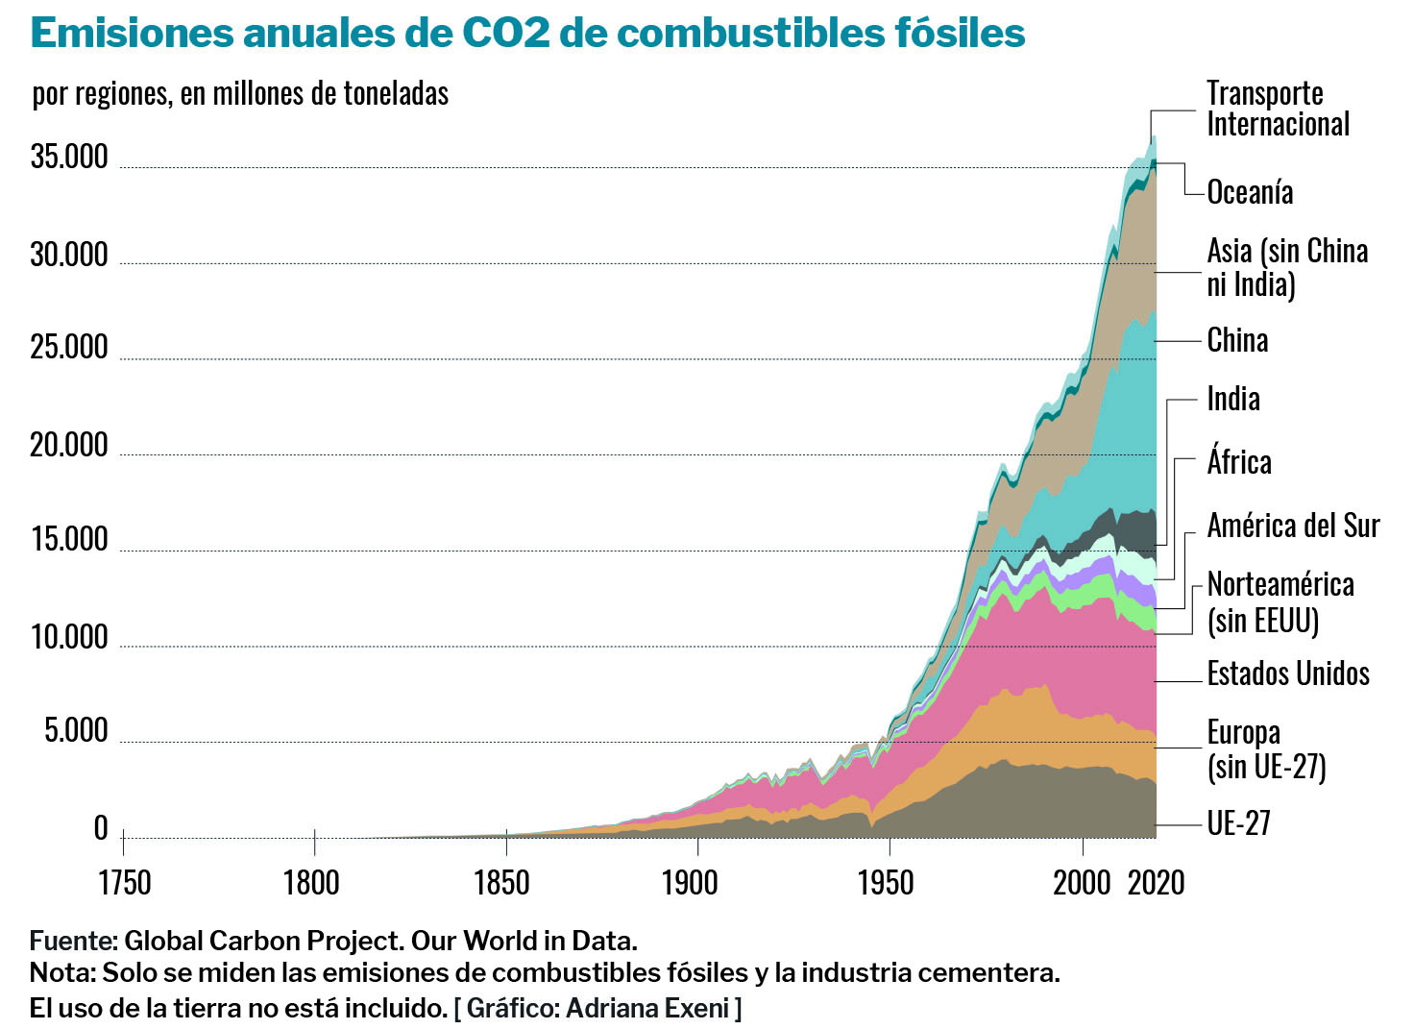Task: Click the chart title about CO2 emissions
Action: click(x=527, y=33)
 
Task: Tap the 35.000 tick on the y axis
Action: click(x=69, y=157)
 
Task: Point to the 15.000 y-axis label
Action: click(x=69, y=540)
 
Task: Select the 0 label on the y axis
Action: click(x=101, y=827)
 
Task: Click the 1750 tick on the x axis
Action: click(x=124, y=882)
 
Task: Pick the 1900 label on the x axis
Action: click(x=690, y=882)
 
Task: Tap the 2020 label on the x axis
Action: click(x=1156, y=882)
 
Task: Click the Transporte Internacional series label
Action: click(x=1277, y=109)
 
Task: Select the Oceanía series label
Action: click(x=1249, y=192)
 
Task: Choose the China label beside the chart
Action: click(x=1237, y=340)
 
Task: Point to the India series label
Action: click(x=1233, y=399)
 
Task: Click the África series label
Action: click(x=1239, y=462)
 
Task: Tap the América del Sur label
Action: click(x=1293, y=526)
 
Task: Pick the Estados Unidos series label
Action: click(x=1287, y=674)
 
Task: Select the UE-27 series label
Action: click(x=1238, y=823)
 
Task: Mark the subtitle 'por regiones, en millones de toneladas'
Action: click(x=240, y=93)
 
